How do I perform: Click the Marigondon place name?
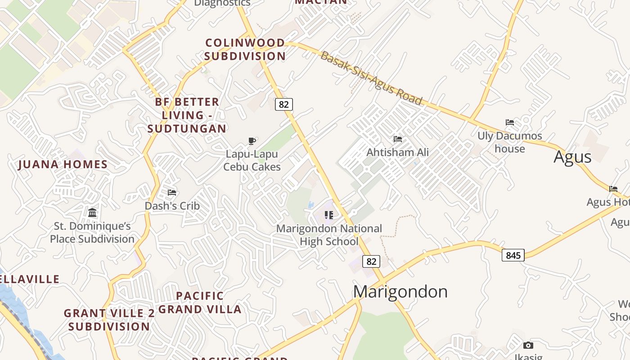tap(400, 292)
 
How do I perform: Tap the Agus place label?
tap(572, 157)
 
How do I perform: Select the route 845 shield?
tap(513, 256)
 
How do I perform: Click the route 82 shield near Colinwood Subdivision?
tap(283, 104)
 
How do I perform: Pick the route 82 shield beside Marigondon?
tap(371, 261)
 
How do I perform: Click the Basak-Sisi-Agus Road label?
tap(371, 78)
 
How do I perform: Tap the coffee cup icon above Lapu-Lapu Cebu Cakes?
tap(252, 141)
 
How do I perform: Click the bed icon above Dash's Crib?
tap(172, 193)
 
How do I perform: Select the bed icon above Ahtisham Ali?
tap(398, 139)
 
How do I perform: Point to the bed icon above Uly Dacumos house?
tap(510, 122)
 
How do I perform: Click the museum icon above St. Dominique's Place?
tap(92, 212)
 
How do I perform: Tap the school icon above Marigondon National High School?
tap(329, 215)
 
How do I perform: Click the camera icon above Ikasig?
tap(528, 346)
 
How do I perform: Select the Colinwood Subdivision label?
tap(245, 49)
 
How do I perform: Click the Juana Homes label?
tap(63, 165)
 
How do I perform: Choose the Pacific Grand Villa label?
tap(200, 302)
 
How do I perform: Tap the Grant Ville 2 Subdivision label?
tap(109, 319)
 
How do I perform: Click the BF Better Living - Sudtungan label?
tap(187, 115)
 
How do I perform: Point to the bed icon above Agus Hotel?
tap(613, 189)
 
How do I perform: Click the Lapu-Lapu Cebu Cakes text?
tap(252, 161)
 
